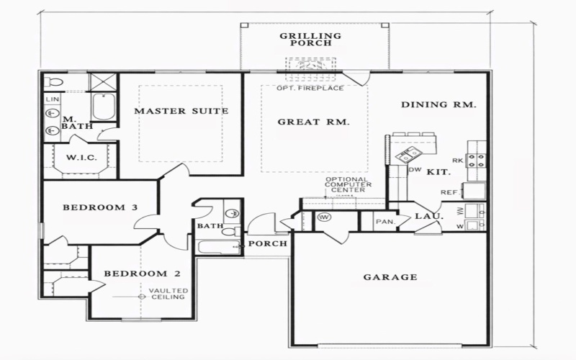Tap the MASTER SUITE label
pyautogui.click(x=181, y=111)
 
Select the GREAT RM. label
pyautogui.click(x=314, y=122)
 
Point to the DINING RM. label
pyautogui.click(x=439, y=105)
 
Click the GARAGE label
pyautogui.click(x=390, y=276)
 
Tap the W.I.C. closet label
pyautogui.click(x=77, y=158)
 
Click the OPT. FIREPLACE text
pyautogui.click(x=310, y=89)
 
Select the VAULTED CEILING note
pyautogui.click(x=168, y=294)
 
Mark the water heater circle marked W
pyautogui.click(x=324, y=217)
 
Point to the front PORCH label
pyautogui.click(x=269, y=243)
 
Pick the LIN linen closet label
pyautogui.click(x=52, y=99)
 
